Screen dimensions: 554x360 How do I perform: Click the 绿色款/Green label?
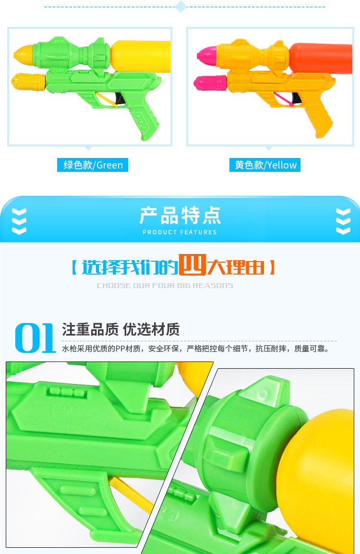point(93,165)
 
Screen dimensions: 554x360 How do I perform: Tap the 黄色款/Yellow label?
point(265,165)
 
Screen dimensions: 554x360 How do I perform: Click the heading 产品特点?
point(180,216)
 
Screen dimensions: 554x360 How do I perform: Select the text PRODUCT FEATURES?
point(180,232)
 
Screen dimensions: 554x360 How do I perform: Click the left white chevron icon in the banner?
point(19,221)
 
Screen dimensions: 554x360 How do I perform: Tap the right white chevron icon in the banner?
point(343,221)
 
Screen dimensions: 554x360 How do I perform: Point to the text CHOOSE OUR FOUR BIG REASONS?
point(165,286)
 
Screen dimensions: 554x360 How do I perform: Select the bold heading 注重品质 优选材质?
point(120,329)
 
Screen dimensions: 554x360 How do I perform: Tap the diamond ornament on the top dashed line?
point(180,7)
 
